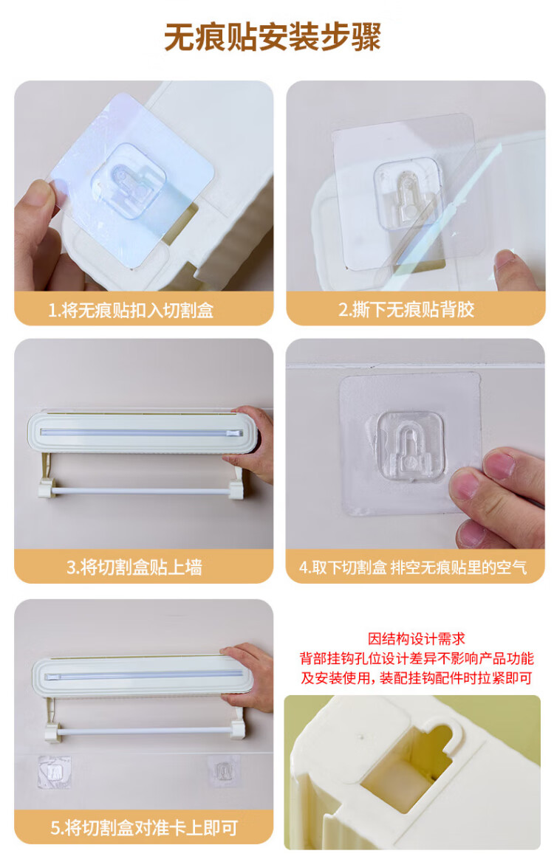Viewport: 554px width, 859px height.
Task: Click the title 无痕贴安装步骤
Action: click(273, 37)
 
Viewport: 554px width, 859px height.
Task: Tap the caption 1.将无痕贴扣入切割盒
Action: click(131, 310)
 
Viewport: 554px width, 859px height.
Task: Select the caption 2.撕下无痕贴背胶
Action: click(406, 309)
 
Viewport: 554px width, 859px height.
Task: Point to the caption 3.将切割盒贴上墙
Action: click(134, 567)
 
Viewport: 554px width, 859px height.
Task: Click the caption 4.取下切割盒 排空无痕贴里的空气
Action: click(413, 567)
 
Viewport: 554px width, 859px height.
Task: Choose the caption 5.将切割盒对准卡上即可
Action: click(144, 828)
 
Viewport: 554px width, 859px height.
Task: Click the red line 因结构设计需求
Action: click(417, 639)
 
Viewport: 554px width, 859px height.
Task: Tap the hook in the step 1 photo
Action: click(129, 182)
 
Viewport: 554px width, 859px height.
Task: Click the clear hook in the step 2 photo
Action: click(408, 194)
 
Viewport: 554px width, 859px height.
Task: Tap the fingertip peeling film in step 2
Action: click(513, 269)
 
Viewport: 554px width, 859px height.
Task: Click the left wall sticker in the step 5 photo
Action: click(54, 773)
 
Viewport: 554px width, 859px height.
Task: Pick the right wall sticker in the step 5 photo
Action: click(222, 771)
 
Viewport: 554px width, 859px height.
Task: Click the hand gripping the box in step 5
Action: click(250, 677)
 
